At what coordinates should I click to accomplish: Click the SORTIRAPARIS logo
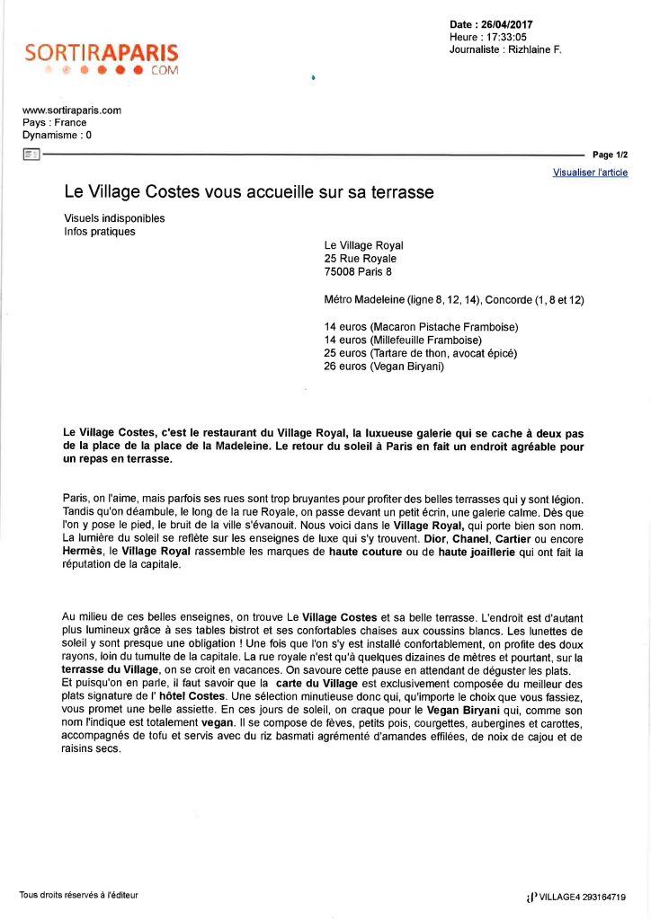click(x=102, y=59)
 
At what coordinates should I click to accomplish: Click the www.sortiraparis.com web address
click(x=71, y=111)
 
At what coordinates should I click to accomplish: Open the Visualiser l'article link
click(x=590, y=172)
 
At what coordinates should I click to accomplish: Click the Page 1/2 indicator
click(x=611, y=155)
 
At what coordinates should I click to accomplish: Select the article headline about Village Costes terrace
click(x=249, y=192)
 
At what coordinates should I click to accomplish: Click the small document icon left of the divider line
click(x=31, y=155)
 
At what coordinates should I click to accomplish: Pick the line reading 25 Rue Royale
click(x=360, y=259)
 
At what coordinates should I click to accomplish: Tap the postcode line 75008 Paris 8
click(x=358, y=271)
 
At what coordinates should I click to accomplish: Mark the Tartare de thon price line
click(x=420, y=353)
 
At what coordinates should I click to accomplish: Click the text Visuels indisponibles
click(x=114, y=218)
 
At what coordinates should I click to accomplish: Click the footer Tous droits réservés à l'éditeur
click(x=79, y=894)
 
